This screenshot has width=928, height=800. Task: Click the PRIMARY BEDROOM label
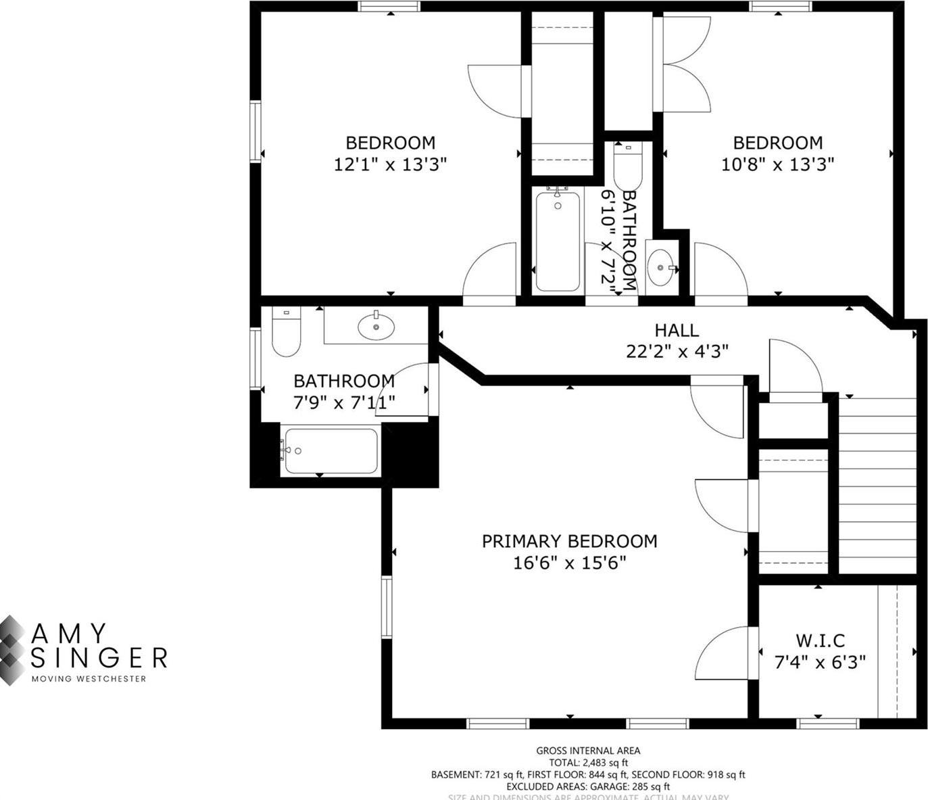coord(569,541)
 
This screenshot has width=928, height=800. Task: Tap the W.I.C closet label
coord(820,640)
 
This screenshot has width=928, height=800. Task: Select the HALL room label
coord(676,330)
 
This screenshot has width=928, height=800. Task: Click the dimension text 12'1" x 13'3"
coord(390,164)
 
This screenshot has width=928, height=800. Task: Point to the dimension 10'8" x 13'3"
coord(777,164)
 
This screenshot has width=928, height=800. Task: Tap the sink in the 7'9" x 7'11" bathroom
coord(376,327)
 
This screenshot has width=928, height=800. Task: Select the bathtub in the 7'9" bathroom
coord(330,451)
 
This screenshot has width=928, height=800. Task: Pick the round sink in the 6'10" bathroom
coord(660,267)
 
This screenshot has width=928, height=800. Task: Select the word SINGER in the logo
coord(99,657)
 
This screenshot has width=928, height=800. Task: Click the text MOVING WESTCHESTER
coord(89,678)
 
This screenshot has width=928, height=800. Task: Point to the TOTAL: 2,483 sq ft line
coord(588,762)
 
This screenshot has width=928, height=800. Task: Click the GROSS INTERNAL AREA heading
coord(588,750)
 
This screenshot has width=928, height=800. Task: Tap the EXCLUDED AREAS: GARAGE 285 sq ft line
coord(588,786)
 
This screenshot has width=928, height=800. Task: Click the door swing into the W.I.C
coord(723,653)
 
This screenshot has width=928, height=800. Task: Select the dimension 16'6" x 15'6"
coord(569,563)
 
